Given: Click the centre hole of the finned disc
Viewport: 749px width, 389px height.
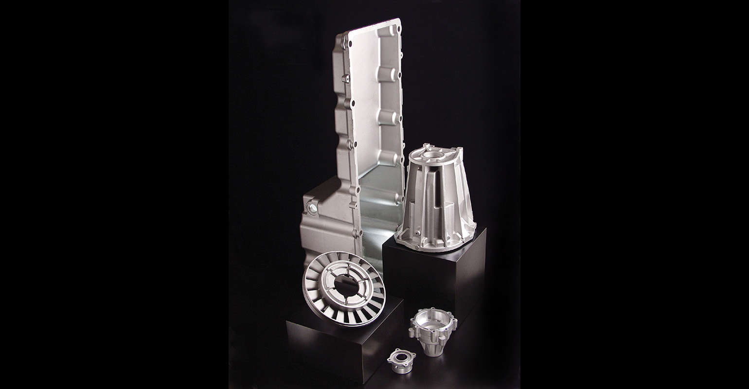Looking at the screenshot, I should [x=346, y=287].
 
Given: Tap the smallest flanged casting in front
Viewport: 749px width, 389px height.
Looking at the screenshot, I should [x=401, y=361].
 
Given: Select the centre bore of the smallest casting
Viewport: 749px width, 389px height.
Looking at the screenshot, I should [x=402, y=357].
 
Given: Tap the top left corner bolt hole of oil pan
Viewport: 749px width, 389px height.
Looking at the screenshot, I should [x=346, y=35].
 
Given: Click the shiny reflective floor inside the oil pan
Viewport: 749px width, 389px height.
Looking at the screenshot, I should [x=377, y=214].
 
